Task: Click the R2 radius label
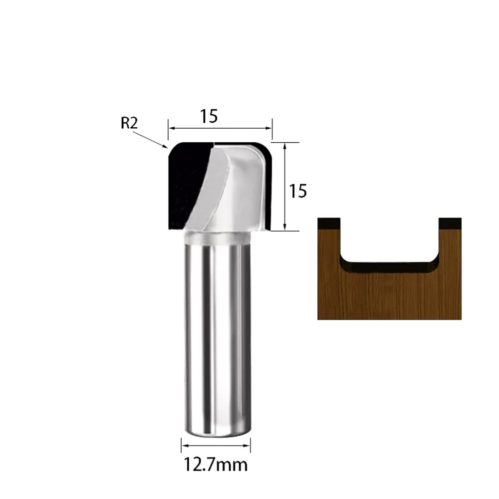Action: (x=129, y=123)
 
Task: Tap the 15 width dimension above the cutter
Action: (x=209, y=116)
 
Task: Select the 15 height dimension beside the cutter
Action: (x=298, y=191)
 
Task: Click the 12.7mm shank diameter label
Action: (x=216, y=465)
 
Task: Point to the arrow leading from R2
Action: (x=150, y=140)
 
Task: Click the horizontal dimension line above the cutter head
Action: (x=220, y=128)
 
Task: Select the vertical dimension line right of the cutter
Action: (x=285, y=186)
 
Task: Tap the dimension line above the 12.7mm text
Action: (x=216, y=445)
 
